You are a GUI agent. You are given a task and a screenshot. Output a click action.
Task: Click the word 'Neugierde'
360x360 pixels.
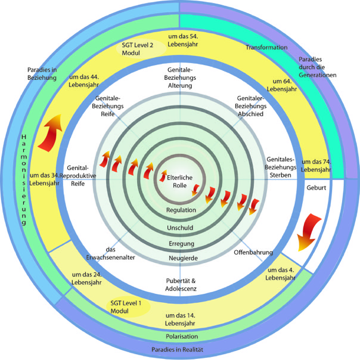179,258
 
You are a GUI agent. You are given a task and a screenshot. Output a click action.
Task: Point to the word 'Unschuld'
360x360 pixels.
179,228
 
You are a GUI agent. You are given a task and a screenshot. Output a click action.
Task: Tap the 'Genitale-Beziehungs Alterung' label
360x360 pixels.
179,78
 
